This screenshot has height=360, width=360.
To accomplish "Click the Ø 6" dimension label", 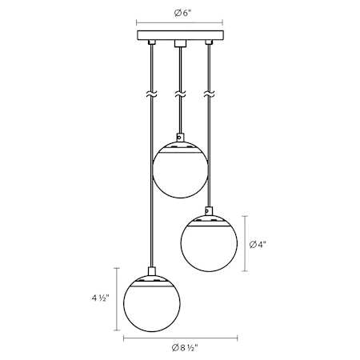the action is [x=182, y=13].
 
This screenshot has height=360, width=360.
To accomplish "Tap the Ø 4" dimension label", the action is [x=258, y=244].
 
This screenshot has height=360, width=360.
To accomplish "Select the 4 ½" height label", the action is [x=101, y=298].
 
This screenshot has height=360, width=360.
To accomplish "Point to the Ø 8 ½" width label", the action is [x=185, y=348].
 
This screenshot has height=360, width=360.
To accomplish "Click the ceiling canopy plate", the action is [x=181, y=35].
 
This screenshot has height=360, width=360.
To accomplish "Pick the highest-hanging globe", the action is [x=180, y=170].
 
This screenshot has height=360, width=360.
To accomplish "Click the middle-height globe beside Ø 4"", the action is [x=209, y=243].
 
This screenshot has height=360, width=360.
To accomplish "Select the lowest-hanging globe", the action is [x=152, y=303].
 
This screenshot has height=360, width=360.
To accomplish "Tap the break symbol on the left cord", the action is [x=151, y=94].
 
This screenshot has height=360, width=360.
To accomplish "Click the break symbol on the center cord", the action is [x=180, y=94].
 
